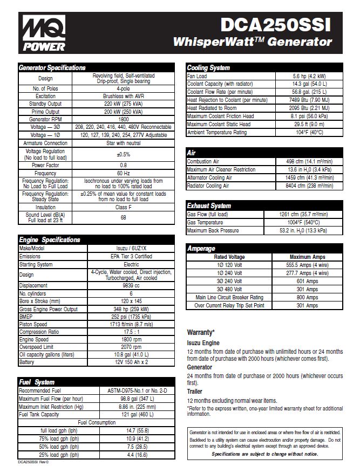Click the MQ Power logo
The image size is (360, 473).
click(x=44, y=32)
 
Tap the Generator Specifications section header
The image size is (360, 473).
click(x=52, y=68)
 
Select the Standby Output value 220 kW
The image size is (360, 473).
click(x=124, y=104)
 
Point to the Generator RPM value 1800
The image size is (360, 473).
click(x=124, y=119)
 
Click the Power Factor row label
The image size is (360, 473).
click(x=45, y=165)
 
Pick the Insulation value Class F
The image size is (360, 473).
click(x=124, y=207)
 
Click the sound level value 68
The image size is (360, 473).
click(x=124, y=217)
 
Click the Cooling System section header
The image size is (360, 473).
click(x=208, y=68)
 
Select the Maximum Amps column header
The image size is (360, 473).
click(x=307, y=257)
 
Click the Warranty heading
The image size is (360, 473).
click(x=200, y=332)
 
